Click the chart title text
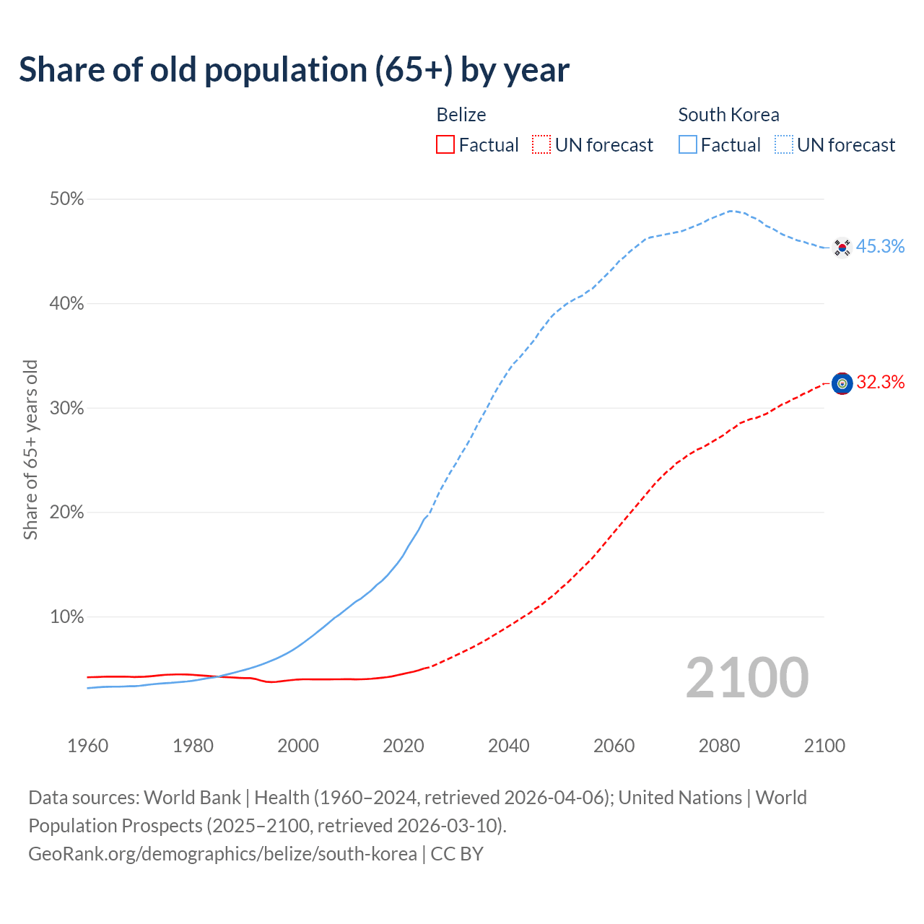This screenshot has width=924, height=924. point(294,70)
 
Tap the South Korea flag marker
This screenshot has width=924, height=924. point(842,248)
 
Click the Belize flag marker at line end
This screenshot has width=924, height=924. point(842,383)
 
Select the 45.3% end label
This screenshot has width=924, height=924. point(880,247)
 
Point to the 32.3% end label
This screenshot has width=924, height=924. point(880,383)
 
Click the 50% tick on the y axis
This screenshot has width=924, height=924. point(67,199)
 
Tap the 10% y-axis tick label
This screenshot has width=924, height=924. point(67,617)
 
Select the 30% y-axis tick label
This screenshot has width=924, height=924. point(67,409)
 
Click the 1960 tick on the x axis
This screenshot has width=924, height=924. point(88,746)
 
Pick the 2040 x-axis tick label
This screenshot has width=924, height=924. point(509,746)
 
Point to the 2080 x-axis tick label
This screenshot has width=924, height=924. point(719,746)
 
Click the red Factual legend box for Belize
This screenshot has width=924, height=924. point(445,145)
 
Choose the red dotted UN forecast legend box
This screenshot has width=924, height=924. point(541,145)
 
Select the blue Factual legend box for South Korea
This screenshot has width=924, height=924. point(687,145)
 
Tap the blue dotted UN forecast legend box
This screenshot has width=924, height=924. point(784,145)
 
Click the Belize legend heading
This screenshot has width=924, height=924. point(461,115)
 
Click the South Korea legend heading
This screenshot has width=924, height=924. point(728,115)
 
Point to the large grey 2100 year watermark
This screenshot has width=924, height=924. point(747,678)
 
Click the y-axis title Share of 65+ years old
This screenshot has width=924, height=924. point(30,449)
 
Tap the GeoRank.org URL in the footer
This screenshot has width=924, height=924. point(222,854)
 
